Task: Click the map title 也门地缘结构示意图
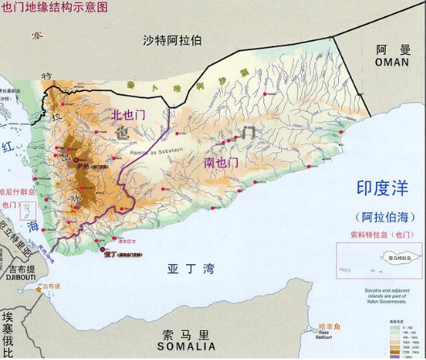(54, 7)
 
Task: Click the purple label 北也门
(128, 115)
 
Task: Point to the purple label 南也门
(221, 163)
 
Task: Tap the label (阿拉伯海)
(383, 217)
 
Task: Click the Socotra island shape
(393, 259)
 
